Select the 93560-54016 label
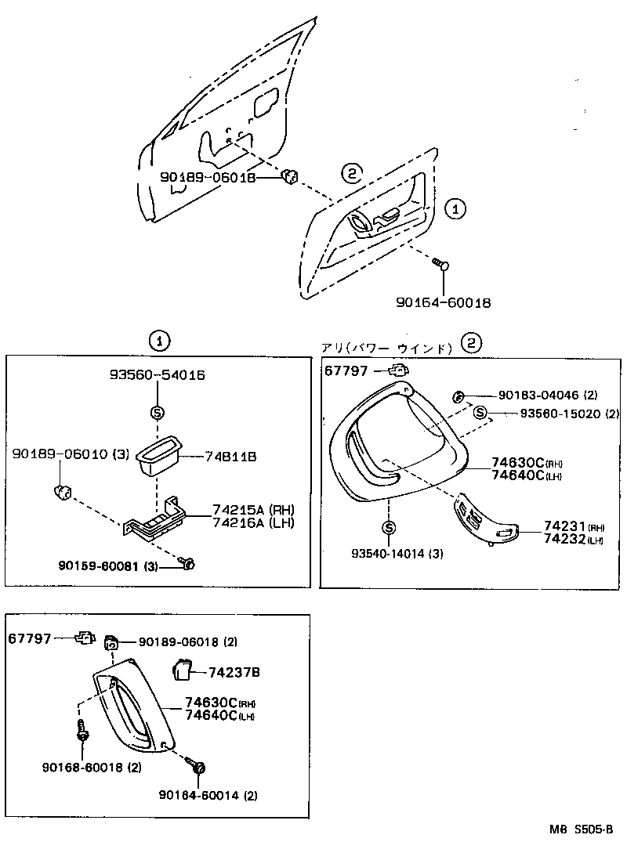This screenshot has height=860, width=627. pos(157,376)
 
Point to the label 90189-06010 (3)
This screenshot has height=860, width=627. pos(70,454)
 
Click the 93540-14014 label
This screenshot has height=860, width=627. pos(397,554)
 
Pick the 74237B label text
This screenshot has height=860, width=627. pos(234,672)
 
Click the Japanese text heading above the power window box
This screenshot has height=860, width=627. pos(386,348)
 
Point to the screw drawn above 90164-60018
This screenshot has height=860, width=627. pos(441,265)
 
